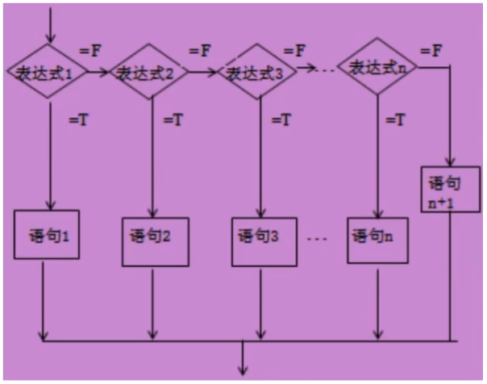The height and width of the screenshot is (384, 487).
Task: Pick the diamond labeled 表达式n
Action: coord(377,69)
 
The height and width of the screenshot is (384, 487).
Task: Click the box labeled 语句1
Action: coord(47,237)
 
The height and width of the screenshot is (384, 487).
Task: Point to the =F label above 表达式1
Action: coord(90,51)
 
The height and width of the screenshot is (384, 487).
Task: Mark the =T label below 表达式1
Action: coord(79,121)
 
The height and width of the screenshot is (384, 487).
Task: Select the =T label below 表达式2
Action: coord(173,121)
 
